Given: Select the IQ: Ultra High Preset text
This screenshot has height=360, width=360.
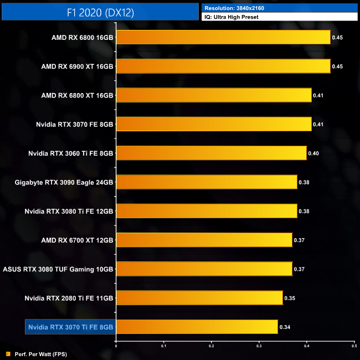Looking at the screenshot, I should pos(232,17).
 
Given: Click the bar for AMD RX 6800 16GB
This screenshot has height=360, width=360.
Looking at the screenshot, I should pos(223,37).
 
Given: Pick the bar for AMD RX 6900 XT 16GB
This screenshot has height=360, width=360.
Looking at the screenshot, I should pos(223,66).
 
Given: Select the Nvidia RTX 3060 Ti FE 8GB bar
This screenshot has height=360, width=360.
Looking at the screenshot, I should pos(211,153).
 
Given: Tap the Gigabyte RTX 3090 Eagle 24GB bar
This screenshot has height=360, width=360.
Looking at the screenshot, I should pos(207,182).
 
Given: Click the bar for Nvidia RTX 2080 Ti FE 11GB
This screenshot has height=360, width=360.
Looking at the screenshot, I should pos(199,297).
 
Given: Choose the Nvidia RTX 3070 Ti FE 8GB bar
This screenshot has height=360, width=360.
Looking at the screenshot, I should pos(197,327).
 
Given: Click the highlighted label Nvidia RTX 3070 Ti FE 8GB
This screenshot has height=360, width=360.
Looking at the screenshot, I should pos(70,327).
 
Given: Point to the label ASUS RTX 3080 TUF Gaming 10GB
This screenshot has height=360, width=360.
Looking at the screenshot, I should pos(58,269).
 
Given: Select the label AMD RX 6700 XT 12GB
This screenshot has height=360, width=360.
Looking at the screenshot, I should pos(77,240).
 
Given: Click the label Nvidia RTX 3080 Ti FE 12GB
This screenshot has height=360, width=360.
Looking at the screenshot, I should pos(69,211).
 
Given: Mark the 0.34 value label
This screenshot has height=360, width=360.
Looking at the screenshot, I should pos(285,327).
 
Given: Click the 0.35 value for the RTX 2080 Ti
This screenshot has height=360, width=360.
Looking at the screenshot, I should pos(290,298).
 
